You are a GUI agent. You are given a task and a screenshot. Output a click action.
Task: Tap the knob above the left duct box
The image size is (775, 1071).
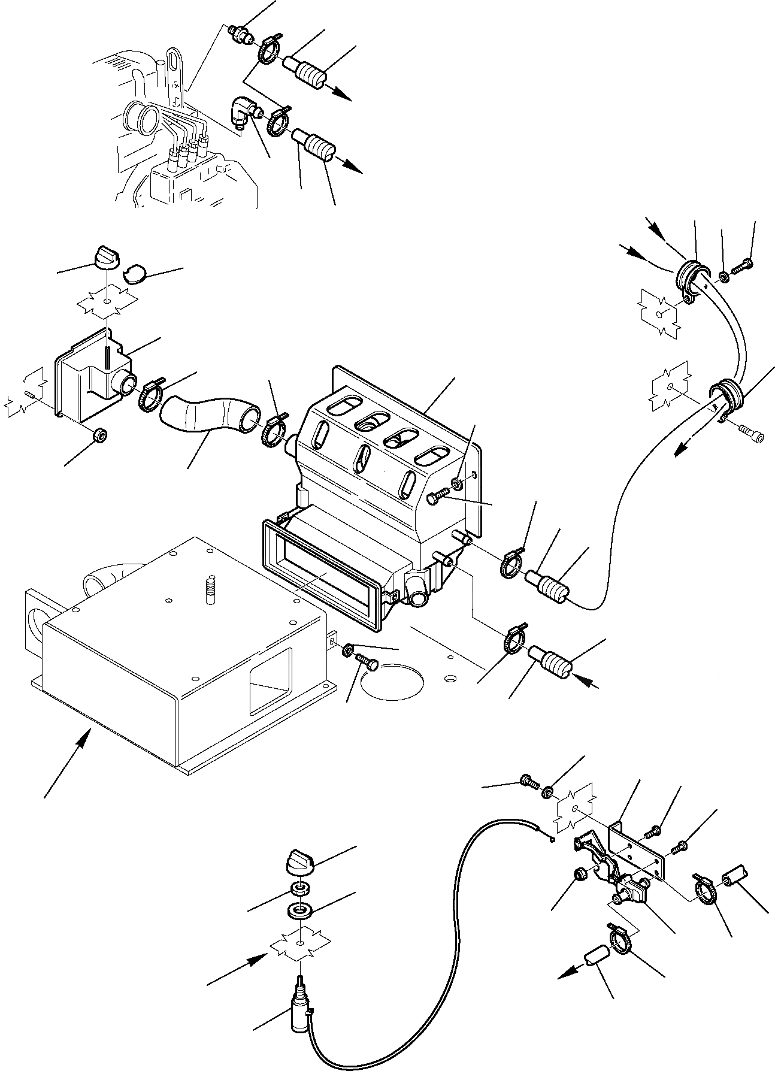click(x=105, y=259)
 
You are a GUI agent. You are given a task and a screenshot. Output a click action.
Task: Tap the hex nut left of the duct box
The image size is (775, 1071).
click(x=99, y=436)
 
